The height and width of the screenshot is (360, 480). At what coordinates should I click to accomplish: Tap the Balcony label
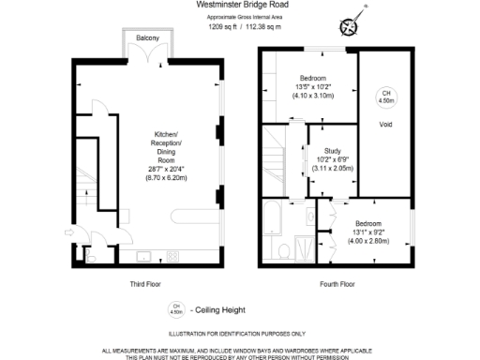pos(146,37)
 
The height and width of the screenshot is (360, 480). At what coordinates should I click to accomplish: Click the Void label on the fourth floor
pos(384,122)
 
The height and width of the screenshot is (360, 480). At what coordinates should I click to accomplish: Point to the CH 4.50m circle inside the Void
pos(384,96)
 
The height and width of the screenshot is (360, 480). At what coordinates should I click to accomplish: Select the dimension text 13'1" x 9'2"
pos(369,232)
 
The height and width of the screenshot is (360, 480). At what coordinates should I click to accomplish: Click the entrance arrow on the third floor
pos(71,232)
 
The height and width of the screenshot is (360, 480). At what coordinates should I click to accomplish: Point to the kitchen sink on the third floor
pos(144,254)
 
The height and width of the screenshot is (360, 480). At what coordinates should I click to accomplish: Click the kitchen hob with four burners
pos(175,254)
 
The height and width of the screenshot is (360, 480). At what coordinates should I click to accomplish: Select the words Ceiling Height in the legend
pos(217,308)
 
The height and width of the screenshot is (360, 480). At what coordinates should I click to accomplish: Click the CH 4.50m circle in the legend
pos(175,308)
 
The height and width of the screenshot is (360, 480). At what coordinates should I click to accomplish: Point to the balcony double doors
pos(146,54)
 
